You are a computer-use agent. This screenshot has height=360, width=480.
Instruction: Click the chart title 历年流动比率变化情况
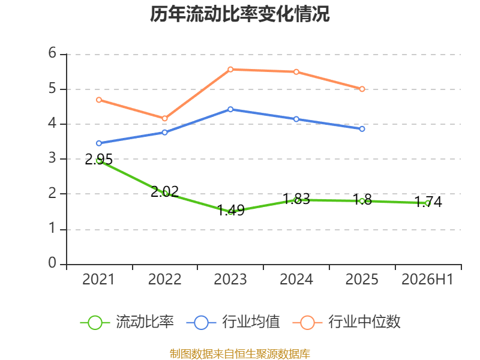[239, 14]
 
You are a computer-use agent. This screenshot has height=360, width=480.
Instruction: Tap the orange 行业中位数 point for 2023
[230, 70]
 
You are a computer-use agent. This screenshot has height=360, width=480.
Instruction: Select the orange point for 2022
[164, 118]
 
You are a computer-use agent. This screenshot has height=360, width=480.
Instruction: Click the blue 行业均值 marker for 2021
[99, 143]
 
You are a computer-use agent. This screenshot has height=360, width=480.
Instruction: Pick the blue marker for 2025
[362, 129]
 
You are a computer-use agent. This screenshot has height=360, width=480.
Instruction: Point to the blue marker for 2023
[230, 109]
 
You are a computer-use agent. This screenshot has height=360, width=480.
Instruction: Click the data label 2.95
[98, 160]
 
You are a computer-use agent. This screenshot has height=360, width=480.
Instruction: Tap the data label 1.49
[231, 211]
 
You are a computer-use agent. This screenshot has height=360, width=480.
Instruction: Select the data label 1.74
[428, 202]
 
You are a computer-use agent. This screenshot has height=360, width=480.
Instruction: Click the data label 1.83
[296, 199]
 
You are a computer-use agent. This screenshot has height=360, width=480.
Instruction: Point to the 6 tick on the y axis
[52, 53]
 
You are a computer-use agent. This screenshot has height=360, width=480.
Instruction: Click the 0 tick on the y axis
[52, 263]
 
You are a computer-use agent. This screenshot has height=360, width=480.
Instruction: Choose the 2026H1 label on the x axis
[427, 279]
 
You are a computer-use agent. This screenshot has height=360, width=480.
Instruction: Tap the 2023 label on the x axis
[230, 279]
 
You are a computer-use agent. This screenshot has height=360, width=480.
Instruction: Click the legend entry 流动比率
[127, 322]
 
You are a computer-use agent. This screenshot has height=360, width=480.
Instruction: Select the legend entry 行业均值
[233, 322]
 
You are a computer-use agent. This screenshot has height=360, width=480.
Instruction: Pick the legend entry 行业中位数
[347, 322]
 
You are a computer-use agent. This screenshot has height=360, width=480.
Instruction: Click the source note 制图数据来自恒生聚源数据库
[239, 354]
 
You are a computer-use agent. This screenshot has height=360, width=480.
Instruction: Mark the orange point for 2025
[362, 89]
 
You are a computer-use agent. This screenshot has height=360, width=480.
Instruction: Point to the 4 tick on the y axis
[52, 124]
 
